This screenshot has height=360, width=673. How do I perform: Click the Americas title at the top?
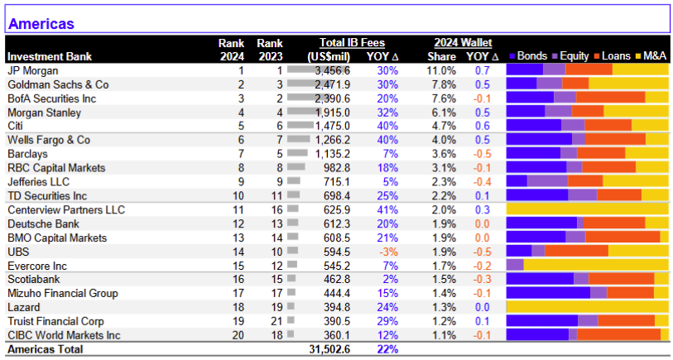(41, 24)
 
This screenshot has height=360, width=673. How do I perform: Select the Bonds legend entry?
(527, 55)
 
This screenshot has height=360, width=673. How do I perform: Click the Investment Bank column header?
(50, 56)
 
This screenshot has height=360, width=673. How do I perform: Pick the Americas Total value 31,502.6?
(329, 349)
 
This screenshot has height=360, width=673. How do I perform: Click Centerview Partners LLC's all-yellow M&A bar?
(588, 209)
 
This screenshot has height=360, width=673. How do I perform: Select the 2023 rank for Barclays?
(280, 154)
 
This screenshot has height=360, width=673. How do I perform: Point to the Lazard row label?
(24, 308)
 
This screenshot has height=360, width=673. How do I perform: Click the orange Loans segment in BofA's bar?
(610, 98)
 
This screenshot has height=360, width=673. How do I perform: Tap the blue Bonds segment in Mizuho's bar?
(549, 294)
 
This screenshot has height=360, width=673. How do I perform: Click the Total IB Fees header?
(352, 43)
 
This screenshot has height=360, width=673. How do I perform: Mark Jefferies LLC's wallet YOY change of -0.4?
(481, 182)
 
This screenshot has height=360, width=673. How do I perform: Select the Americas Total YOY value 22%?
(387, 349)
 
